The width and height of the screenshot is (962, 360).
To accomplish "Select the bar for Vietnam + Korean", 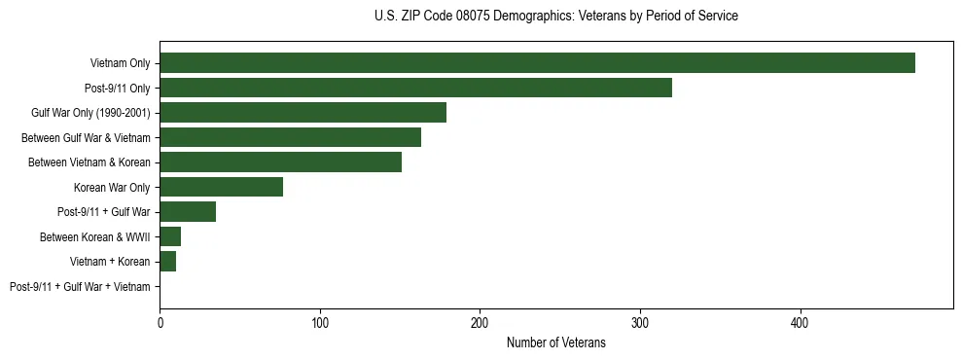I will tap(167, 262).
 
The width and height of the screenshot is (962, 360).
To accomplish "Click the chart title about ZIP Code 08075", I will tap(555, 17).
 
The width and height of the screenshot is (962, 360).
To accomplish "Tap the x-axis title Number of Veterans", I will tap(555, 342).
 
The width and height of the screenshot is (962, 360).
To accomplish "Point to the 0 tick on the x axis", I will tap(160, 322).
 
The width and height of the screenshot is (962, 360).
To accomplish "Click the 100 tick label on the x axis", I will tap(320, 322).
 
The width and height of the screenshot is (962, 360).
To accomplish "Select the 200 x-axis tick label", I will tap(480, 322).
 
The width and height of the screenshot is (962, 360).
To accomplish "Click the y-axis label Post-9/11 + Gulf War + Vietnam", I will tap(80, 287).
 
